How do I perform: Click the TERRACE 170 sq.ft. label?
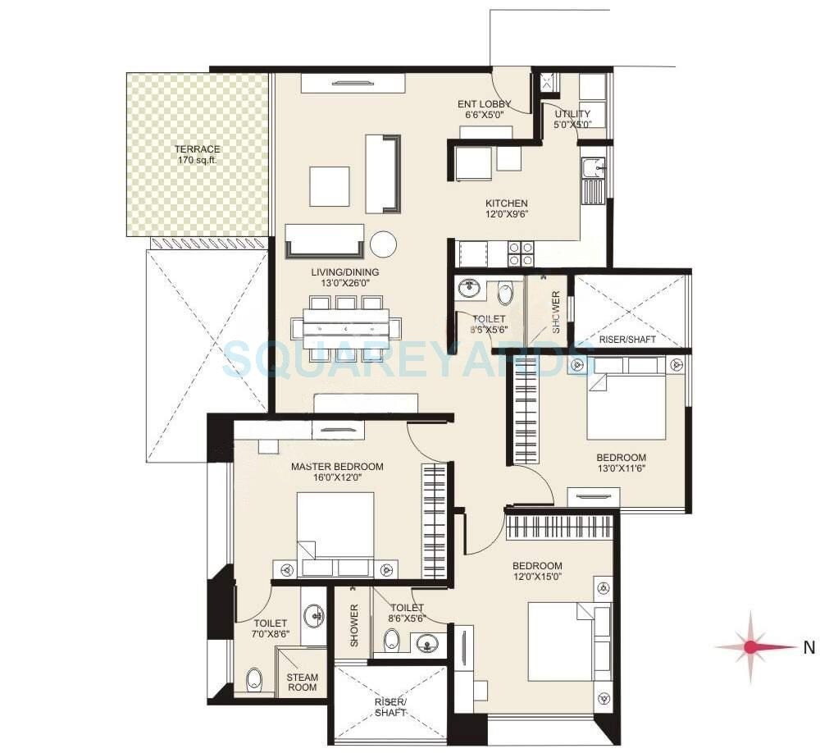[197, 154]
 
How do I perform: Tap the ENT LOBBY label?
[484, 109]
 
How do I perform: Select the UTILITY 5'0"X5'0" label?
[572, 119]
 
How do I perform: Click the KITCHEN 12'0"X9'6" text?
[506, 209]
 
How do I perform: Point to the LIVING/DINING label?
[344, 277]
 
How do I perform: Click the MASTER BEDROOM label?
[337, 472]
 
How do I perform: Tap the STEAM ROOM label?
[302, 683]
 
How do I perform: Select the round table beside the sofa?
[384, 244]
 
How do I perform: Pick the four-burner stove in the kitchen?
[522, 253]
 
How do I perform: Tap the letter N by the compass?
[809, 648]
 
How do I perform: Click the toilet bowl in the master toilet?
[253, 678]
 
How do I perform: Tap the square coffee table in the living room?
[329, 186]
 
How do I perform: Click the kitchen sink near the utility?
[592, 169]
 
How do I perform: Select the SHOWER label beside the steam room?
[355, 625]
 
